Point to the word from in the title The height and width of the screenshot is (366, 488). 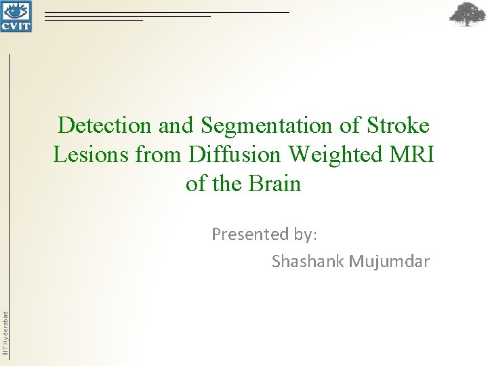pos(157,155)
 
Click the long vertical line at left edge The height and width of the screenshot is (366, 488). pos(11,203)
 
